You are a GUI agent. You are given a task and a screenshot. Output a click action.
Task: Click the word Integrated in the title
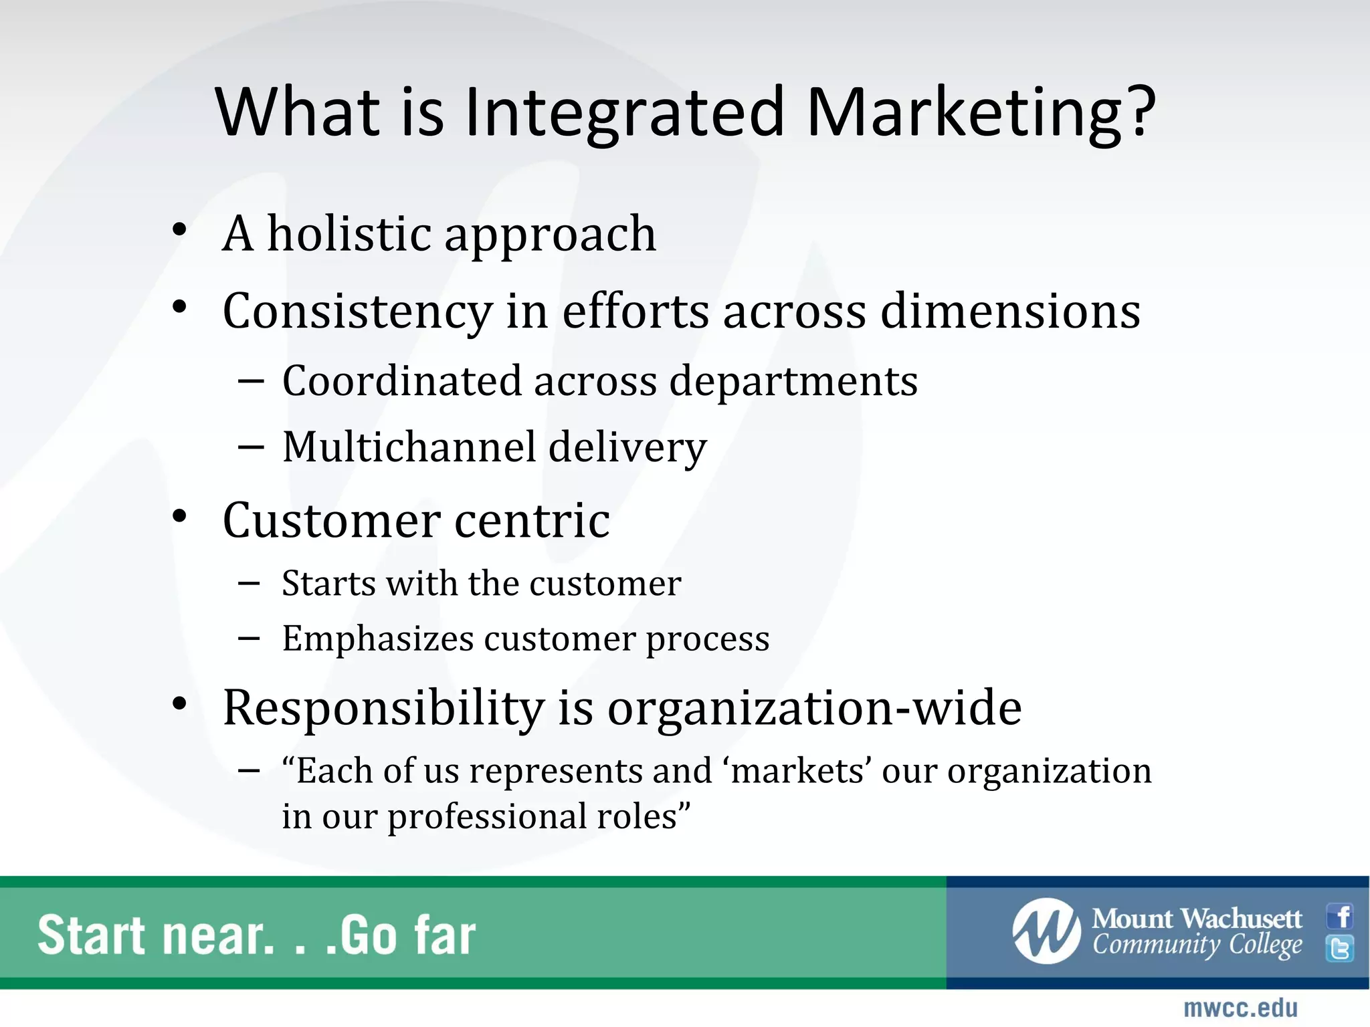(x=623, y=112)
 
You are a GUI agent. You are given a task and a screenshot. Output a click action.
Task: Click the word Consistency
(x=357, y=312)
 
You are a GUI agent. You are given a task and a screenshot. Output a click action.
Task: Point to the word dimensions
(x=1010, y=311)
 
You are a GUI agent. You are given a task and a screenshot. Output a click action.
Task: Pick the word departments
(x=793, y=381)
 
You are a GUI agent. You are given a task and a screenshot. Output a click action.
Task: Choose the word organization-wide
(x=814, y=708)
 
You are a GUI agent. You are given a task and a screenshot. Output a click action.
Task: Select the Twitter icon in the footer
(x=1340, y=949)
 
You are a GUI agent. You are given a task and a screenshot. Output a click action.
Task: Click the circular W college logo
(x=1046, y=931)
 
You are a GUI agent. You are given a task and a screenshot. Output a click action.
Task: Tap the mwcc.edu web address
(x=1240, y=1008)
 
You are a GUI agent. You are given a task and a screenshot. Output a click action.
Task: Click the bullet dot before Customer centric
(x=179, y=517)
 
